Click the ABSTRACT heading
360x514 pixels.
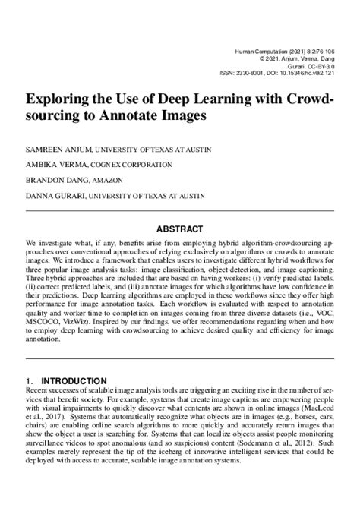point(179,229)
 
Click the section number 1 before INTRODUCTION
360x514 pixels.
point(28,380)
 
